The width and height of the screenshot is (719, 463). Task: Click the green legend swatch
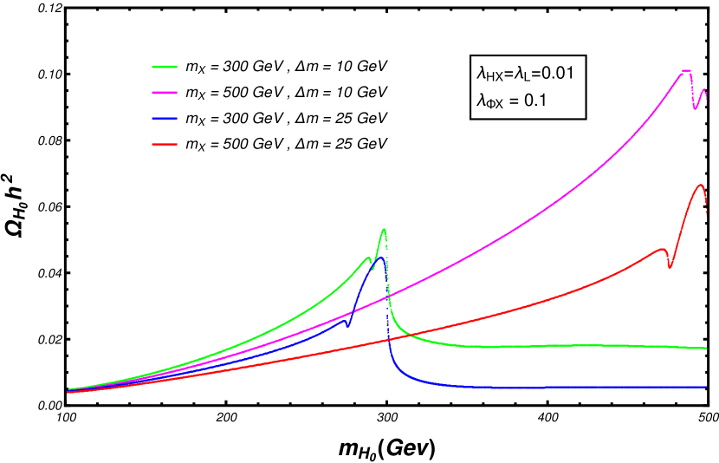tap(165, 67)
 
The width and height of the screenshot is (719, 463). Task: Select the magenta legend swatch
tap(165, 93)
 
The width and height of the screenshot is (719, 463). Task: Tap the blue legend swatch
tap(165, 118)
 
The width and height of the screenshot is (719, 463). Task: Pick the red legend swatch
tap(165, 144)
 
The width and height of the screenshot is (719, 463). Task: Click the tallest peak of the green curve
tap(384, 230)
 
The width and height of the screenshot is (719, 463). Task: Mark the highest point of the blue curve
tap(380, 258)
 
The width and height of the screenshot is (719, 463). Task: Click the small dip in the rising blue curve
tap(348, 325)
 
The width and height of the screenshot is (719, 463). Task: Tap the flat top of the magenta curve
tap(686, 70)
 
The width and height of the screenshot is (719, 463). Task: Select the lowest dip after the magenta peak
tap(696, 109)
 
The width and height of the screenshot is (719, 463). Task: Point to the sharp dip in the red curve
tap(669, 267)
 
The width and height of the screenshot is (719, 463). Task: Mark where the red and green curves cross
tap(411, 335)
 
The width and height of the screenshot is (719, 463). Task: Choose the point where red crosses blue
tap(387, 341)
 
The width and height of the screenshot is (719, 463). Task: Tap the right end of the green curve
tap(706, 349)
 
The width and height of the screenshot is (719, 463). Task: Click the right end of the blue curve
tap(706, 387)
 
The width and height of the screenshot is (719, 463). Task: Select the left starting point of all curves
tap(68, 391)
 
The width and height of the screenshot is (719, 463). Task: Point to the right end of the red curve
tap(706, 213)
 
